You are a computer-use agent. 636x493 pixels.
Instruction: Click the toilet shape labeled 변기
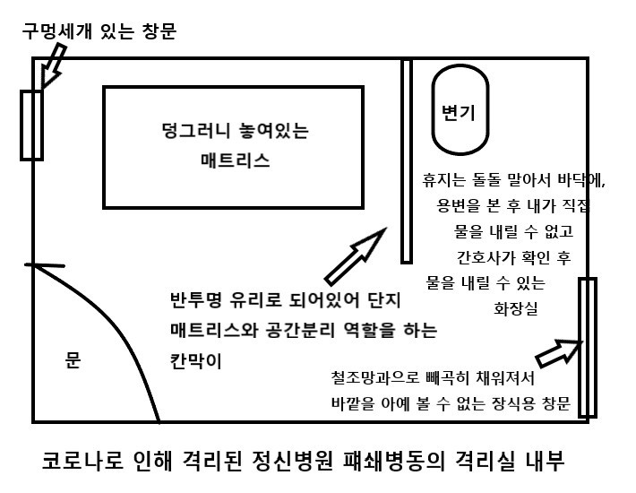[460, 112]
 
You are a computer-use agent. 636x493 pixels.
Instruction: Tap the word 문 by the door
[73, 361]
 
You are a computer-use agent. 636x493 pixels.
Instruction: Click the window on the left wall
[31, 125]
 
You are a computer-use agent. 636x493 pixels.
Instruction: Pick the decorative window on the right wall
[587, 348]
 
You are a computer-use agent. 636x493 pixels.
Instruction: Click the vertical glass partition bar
[406, 161]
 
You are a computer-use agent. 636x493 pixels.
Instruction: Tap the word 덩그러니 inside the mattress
[188, 132]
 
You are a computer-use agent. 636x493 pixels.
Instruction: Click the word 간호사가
[489, 257]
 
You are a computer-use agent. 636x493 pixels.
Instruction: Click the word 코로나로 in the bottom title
[80, 463]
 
